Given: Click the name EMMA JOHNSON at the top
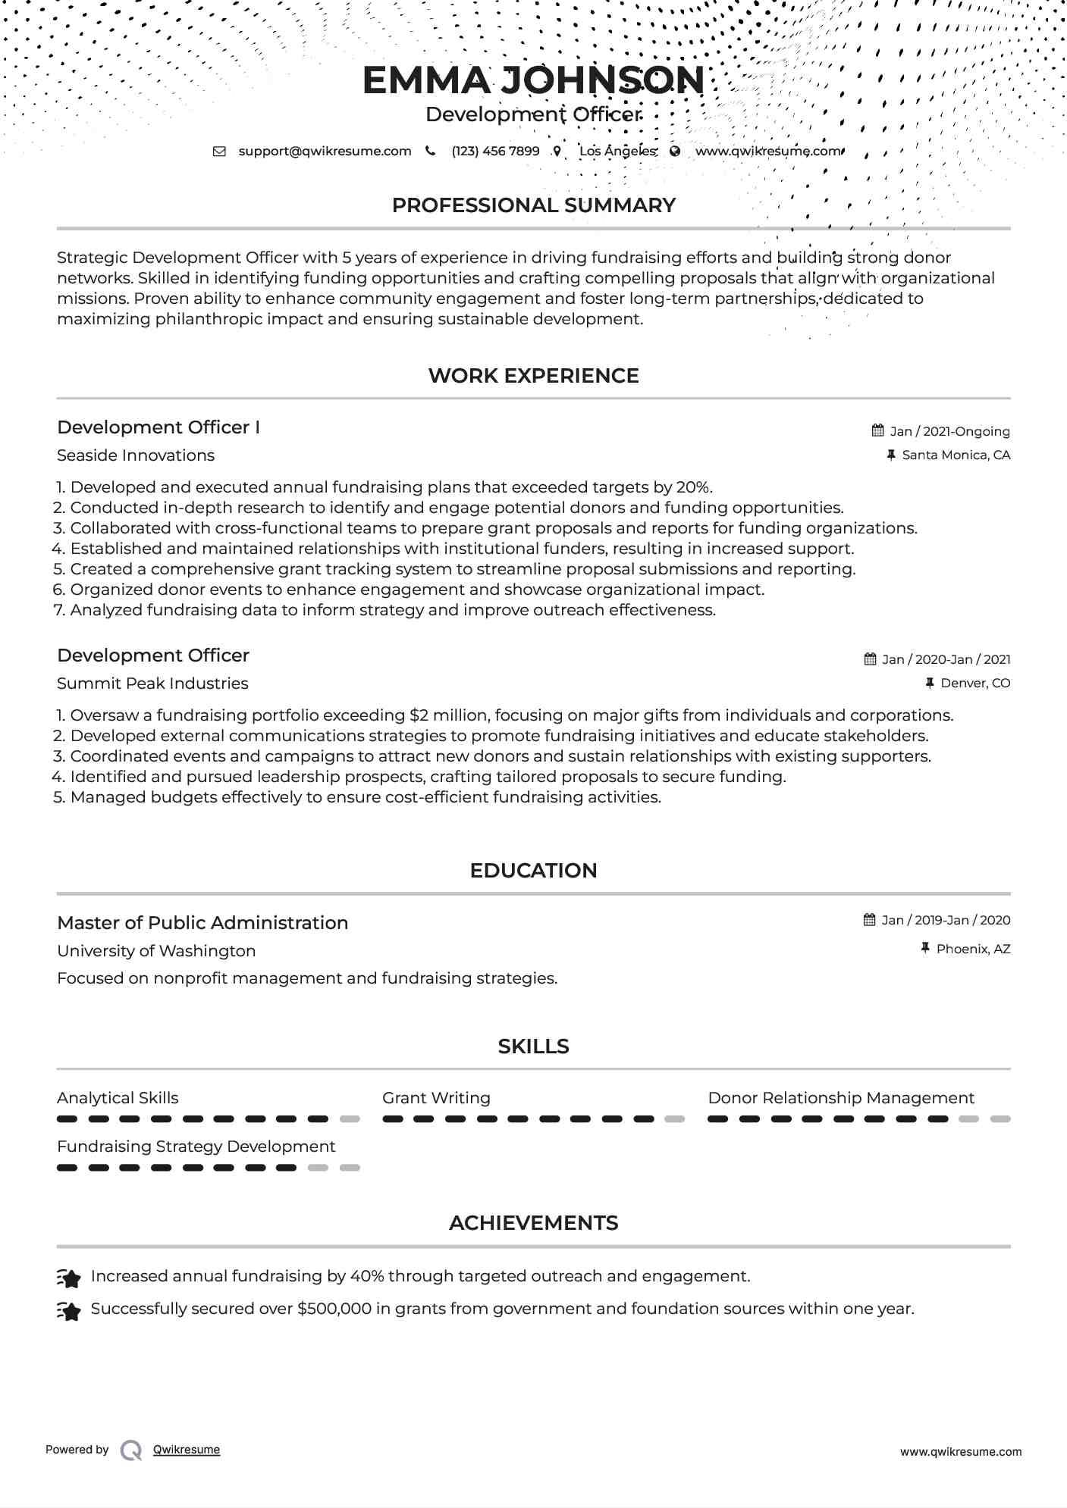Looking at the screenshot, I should [533, 80].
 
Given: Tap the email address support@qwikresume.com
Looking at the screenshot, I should [325, 151].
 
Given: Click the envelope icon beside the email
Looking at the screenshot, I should [219, 151].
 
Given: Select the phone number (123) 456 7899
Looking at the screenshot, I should [495, 151].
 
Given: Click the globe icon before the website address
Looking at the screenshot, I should [675, 151].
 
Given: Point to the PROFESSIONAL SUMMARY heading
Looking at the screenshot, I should [533, 205].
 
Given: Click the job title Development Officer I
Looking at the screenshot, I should [158, 427].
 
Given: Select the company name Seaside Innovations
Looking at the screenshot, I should [136, 455].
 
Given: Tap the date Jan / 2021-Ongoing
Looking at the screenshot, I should [949, 431].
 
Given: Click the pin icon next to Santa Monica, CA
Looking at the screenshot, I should [891, 455].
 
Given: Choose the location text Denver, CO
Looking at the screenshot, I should [975, 683].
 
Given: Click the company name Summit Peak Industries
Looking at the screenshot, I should [152, 684].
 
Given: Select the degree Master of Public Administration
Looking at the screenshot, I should [202, 923].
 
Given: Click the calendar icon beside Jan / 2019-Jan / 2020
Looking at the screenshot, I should [870, 920].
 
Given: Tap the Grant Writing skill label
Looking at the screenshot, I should [436, 1098].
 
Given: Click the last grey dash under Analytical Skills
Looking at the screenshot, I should [350, 1119].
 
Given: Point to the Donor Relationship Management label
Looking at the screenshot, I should [840, 1098].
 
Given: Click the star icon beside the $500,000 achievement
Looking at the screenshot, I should [69, 1311].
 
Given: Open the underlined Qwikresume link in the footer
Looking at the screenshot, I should [187, 1450].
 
